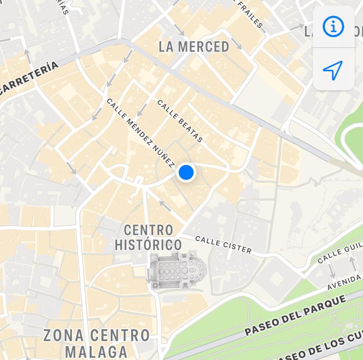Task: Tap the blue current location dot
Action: point(186,172)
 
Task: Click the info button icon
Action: point(333,27)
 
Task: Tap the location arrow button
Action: point(333,70)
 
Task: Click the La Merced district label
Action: point(194,47)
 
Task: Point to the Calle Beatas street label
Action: point(180,121)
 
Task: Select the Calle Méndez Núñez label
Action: point(140,132)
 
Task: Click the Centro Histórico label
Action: point(148,238)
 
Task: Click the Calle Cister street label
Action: point(223,245)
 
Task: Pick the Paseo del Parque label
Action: point(295,316)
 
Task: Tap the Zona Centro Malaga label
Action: point(96,343)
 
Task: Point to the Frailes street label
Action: point(250,14)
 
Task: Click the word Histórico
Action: point(148,245)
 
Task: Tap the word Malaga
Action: point(96,352)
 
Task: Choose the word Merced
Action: point(204,47)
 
